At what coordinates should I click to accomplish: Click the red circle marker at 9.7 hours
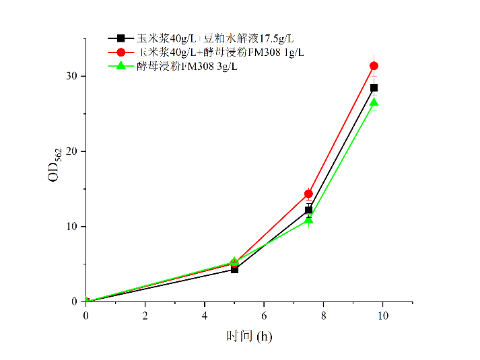[374, 66]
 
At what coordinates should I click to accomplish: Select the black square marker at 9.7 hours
[374, 87]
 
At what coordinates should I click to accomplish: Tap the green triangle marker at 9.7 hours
[374, 102]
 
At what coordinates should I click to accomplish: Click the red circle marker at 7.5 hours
[308, 194]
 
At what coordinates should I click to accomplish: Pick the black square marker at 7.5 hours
[308, 210]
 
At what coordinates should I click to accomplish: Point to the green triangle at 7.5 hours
[308, 220]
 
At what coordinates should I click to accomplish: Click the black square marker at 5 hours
[234, 269]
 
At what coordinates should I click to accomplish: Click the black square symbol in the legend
[121, 38]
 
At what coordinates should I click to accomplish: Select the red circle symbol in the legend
[121, 52]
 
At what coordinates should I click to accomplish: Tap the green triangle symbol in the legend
[121, 66]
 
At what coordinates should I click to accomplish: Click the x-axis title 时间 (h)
[248, 335]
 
